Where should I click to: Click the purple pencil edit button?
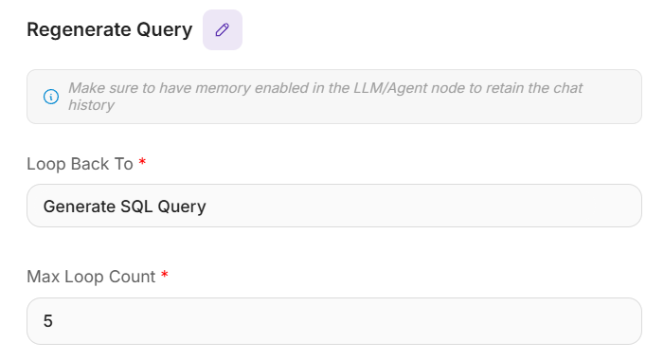coord(223,30)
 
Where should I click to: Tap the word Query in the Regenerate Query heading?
coord(164,30)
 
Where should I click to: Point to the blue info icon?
coord(51,97)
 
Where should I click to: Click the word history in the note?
coord(92,105)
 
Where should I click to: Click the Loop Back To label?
coord(80,164)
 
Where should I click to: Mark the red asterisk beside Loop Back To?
coord(142,161)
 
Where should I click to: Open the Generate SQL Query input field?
coord(334,206)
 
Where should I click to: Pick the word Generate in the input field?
coord(80,207)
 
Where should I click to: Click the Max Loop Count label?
coord(92,277)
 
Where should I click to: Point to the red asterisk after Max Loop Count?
coord(165,275)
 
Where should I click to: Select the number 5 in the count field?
coord(48,321)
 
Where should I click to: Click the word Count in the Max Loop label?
coord(132,277)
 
